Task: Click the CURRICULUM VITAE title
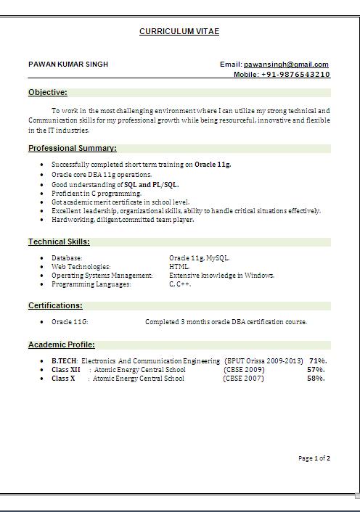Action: click(x=179, y=32)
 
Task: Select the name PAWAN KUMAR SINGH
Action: click(x=68, y=65)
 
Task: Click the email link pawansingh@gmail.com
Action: click(x=286, y=65)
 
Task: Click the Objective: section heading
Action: click(x=48, y=93)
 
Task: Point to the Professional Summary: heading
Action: click(x=73, y=149)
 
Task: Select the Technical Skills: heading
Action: click(x=59, y=242)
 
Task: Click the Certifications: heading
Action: click(x=55, y=306)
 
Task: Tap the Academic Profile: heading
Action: click(x=62, y=345)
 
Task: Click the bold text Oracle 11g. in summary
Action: click(x=213, y=165)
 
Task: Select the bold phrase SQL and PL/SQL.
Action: click(x=152, y=185)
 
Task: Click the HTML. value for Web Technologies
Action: click(x=179, y=267)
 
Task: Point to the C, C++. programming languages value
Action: click(x=180, y=284)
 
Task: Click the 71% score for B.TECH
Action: click(x=317, y=361)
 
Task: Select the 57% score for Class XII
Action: click(x=316, y=370)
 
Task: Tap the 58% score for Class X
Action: click(x=316, y=379)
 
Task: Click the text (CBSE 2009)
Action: click(x=244, y=370)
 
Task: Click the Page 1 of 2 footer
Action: click(x=314, y=458)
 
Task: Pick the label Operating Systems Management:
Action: click(x=102, y=276)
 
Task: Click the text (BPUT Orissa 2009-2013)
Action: click(x=263, y=361)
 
